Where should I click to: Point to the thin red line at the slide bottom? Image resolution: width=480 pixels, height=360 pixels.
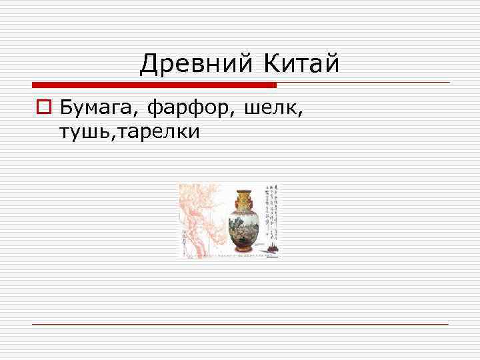coord(240,324)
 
